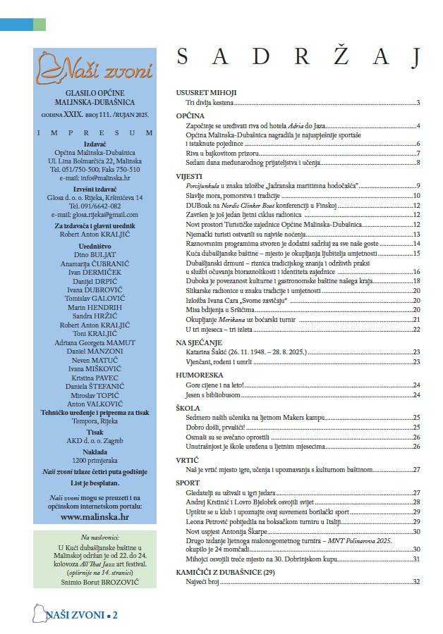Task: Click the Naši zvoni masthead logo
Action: (x=95, y=69)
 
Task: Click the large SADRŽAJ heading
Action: (x=298, y=57)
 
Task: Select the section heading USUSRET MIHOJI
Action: (x=206, y=93)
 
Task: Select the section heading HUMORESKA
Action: (x=199, y=375)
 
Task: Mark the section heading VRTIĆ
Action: (x=188, y=459)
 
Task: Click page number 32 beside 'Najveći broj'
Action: (x=417, y=581)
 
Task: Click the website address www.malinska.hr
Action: (x=95, y=516)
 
